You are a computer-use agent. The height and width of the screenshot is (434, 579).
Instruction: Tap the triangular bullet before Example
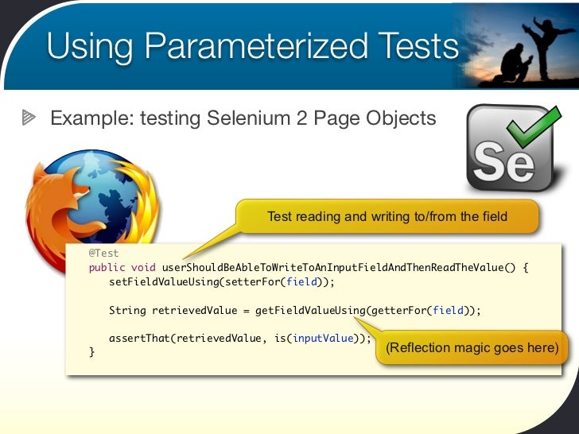[x=29, y=119]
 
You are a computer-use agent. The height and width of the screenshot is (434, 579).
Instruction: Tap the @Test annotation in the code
[x=103, y=254]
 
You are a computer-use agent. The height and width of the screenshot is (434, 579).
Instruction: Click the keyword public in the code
[x=107, y=267]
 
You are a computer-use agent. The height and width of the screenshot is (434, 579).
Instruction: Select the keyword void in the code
[x=143, y=267]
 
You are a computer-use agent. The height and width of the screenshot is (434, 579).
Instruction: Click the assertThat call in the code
[x=139, y=338]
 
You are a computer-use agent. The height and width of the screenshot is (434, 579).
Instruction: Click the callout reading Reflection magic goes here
[x=472, y=348]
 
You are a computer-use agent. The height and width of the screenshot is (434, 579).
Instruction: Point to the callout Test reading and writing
[x=387, y=216]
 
